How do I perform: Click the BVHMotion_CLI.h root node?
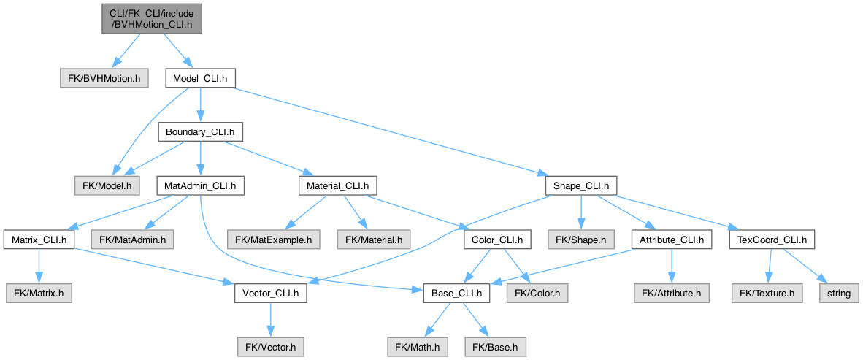tap(152, 19)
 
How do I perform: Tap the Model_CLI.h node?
tap(201, 79)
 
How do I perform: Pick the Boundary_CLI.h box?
tap(200, 132)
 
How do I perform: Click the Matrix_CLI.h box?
tap(39, 240)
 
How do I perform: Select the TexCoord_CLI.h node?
tap(772, 240)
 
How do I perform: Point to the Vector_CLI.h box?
tap(270, 294)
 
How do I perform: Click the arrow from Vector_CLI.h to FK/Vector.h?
tap(270, 321)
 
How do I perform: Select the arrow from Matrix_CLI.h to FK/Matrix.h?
tap(39, 267)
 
